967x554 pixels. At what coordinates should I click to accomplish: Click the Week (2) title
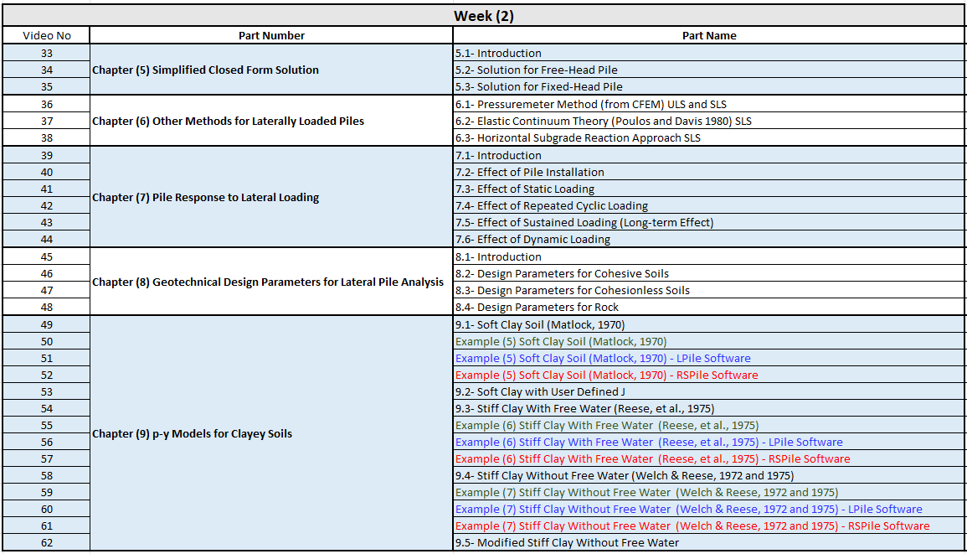pos(483,16)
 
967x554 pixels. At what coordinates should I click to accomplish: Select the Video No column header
pos(47,36)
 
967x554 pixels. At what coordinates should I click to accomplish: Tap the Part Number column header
pos(271,36)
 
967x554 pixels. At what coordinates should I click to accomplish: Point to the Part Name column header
pos(709,36)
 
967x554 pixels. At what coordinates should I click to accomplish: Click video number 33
pos(47,54)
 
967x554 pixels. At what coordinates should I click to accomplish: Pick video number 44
pos(47,240)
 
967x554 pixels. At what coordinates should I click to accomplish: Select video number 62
pos(47,543)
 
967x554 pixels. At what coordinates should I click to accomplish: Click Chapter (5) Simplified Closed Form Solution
pos(205,70)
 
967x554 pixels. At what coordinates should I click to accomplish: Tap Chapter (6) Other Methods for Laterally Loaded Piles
pos(228,122)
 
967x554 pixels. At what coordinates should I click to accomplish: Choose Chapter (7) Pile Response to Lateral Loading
pos(205,198)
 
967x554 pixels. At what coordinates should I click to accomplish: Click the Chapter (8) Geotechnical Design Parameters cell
pos(268,282)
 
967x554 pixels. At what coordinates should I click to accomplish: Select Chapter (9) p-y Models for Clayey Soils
pos(192,434)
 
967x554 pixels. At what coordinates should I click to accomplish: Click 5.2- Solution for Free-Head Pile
pos(536,70)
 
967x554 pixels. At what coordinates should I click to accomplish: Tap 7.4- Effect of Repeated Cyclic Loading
pos(551,206)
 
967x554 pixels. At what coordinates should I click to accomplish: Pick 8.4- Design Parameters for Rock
pos(537,308)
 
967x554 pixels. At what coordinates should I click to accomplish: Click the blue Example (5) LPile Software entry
pos(603,359)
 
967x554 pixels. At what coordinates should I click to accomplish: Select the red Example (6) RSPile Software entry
pos(652,459)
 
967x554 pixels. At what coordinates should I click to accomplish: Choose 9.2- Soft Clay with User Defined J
pos(540,392)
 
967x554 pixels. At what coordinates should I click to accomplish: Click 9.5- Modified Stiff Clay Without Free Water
pos(567,543)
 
